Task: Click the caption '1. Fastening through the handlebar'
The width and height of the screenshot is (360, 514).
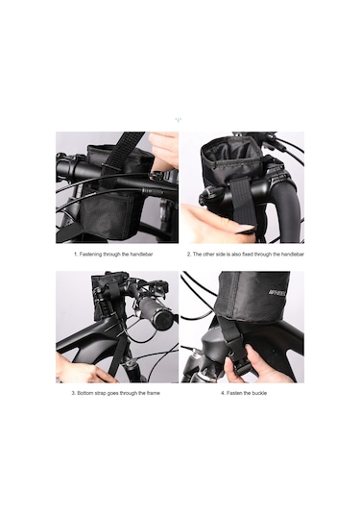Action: tap(116, 255)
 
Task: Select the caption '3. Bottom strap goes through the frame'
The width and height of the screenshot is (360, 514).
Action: tap(116, 394)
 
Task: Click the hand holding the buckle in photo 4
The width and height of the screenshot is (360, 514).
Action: tap(269, 370)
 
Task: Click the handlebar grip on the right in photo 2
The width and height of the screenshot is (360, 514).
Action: tap(283, 207)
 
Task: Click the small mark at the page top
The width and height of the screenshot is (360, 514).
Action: tap(180, 119)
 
